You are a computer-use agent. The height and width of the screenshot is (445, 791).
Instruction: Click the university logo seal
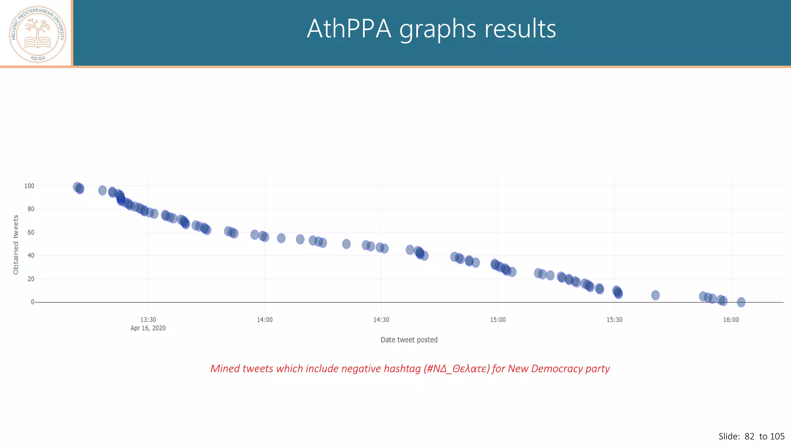(37, 34)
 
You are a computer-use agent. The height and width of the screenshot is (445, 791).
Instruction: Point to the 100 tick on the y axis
(29, 186)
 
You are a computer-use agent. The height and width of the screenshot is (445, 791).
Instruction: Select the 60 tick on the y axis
(31, 232)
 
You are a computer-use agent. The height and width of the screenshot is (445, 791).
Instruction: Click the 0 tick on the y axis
(32, 302)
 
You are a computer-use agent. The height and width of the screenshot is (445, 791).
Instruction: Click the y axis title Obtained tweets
(16, 245)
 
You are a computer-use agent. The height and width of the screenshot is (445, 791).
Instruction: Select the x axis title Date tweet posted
(409, 340)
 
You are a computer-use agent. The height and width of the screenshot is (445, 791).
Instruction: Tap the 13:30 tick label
(148, 319)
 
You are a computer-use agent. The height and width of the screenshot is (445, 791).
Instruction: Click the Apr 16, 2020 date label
(148, 328)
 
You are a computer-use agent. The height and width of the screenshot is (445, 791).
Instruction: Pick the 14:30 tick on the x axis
(381, 319)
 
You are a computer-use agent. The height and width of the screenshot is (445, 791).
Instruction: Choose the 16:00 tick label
(731, 319)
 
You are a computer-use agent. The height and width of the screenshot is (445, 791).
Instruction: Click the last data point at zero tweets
(741, 302)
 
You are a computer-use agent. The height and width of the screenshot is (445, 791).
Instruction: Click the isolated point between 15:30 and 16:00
(655, 295)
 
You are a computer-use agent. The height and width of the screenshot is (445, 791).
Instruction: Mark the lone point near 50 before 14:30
(346, 244)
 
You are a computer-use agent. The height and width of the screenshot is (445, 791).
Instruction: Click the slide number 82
(749, 436)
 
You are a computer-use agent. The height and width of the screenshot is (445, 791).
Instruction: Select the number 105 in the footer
(777, 436)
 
